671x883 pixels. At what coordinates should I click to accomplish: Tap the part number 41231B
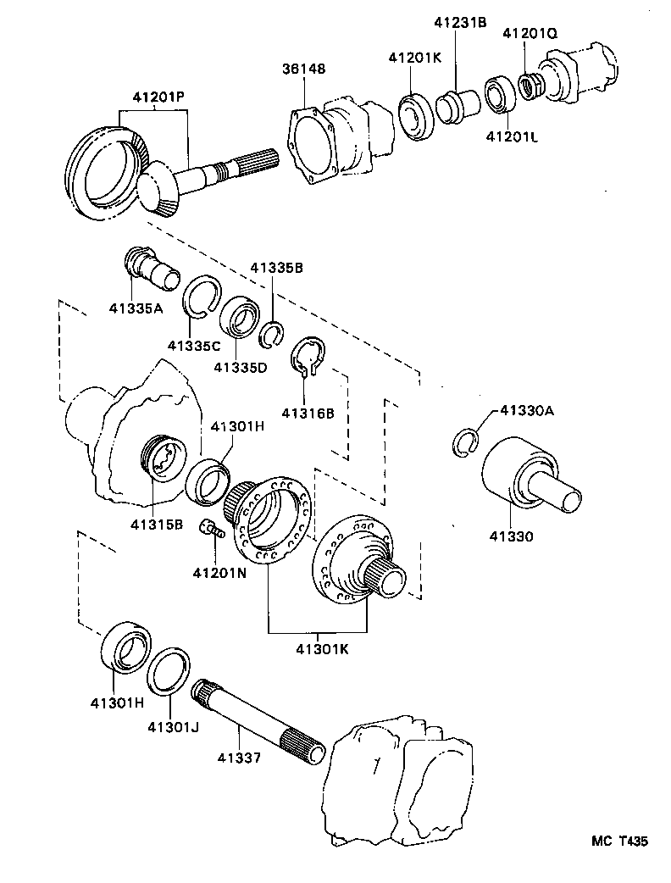click(x=461, y=23)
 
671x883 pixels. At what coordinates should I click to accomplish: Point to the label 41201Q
click(x=530, y=34)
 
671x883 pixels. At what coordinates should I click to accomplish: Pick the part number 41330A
click(x=526, y=410)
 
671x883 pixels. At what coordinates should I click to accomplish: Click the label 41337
click(x=238, y=757)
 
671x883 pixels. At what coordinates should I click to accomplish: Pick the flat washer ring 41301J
click(x=169, y=672)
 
